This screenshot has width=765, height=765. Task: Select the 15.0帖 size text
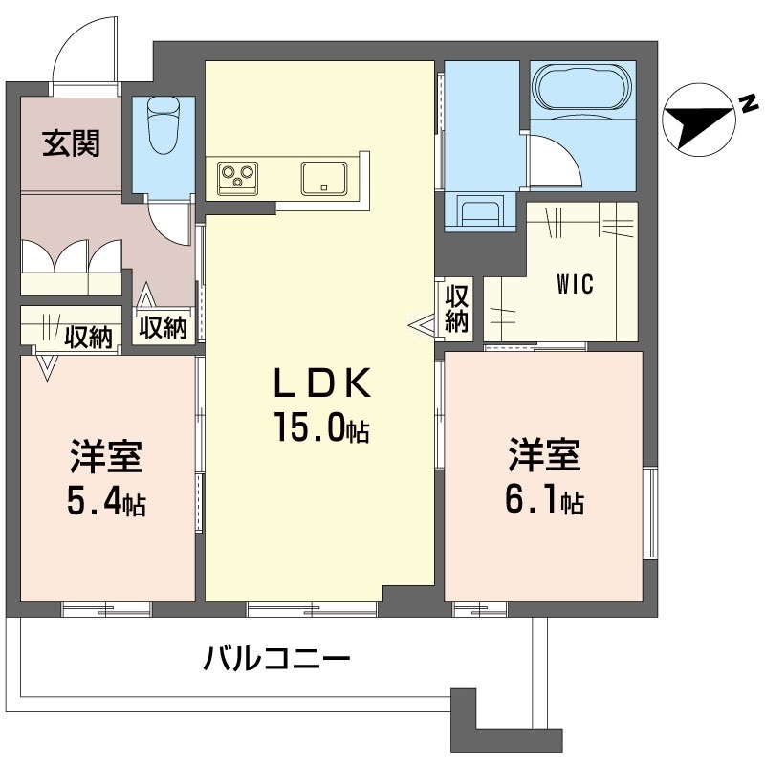click(x=321, y=428)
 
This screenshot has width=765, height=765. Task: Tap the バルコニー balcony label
click(x=277, y=659)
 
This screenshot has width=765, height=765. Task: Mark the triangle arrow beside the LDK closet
click(x=422, y=326)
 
